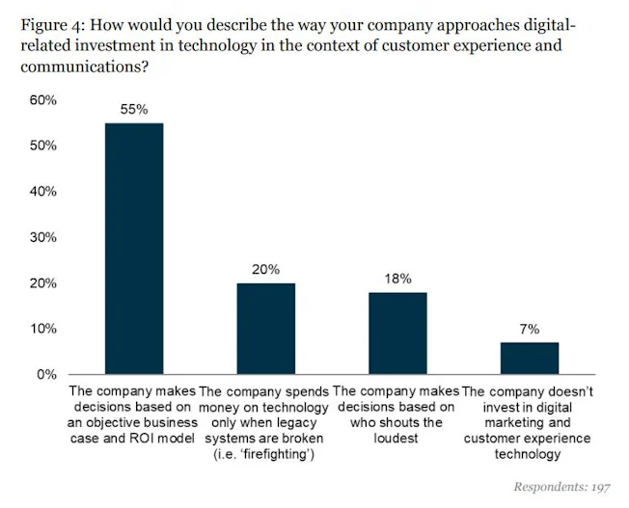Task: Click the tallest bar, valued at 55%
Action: (134, 249)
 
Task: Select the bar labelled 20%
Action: (266, 329)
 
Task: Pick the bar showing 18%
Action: (397, 334)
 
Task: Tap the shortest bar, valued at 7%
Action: (530, 358)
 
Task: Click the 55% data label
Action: (134, 110)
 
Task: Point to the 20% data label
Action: (266, 270)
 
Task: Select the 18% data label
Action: (397, 279)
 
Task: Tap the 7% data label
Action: (530, 329)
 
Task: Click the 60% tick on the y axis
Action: (42, 100)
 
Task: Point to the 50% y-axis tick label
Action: (42, 146)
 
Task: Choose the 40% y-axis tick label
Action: (42, 191)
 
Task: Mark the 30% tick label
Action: (42, 237)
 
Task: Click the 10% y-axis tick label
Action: (42, 329)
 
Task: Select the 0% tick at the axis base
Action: (46, 374)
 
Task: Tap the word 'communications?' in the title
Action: (84, 67)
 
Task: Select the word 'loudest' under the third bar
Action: (397, 439)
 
